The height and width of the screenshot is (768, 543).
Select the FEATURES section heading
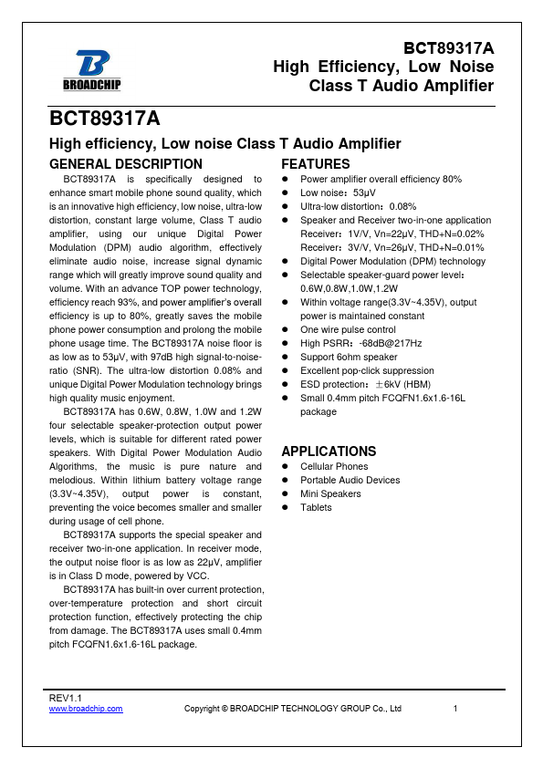pyautogui.click(x=315, y=164)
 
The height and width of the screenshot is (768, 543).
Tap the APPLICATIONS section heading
pyautogui.click(x=329, y=451)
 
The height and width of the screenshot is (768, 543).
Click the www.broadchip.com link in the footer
pyautogui.click(x=85, y=709)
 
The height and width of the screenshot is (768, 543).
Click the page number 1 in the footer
pyautogui.click(x=455, y=709)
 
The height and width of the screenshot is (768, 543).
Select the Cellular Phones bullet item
pyautogui.click(x=334, y=466)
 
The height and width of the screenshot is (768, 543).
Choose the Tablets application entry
pyautogui.click(x=316, y=507)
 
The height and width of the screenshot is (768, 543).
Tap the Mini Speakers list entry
pyautogui.click(x=330, y=493)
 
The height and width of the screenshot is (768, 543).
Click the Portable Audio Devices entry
pyautogui.click(x=350, y=480)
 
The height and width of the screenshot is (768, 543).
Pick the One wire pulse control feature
pyautogui.click(x=348, y=329)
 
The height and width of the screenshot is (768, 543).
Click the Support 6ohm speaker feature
pyautogui.click(x=350, y=357)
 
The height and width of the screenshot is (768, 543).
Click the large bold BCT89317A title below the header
pyautogui.click(x=105, y=119)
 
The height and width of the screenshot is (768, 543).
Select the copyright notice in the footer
pyautogui.click(x=293, y=709)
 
